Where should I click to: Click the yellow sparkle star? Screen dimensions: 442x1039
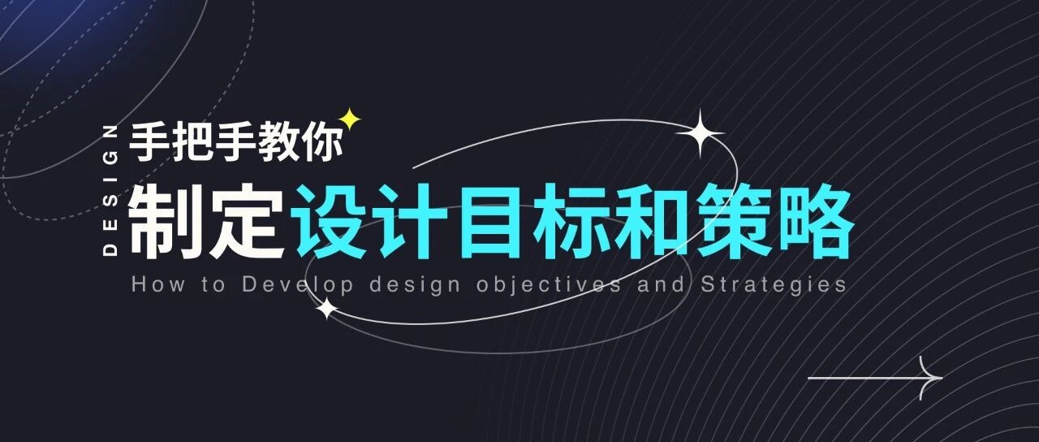[350, 120]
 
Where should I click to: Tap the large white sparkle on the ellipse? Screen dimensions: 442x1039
[699, 133]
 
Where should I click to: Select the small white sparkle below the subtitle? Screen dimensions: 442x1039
[326, 309]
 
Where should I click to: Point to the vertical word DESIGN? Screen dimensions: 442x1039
[112, 191]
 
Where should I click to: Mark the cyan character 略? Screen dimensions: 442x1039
[815, 222]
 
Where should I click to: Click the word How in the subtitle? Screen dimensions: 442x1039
[152, 285]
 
